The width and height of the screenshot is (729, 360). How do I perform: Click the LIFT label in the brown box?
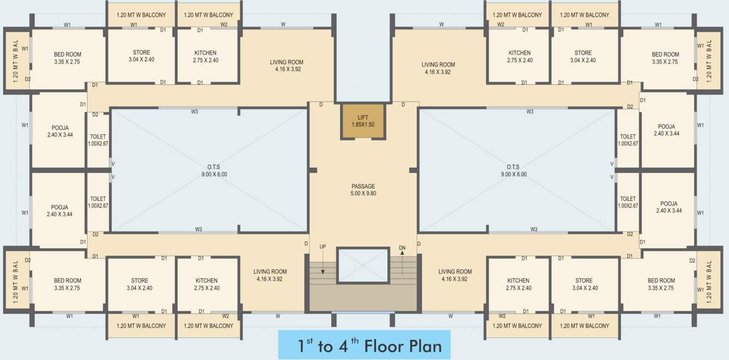pyautogui.click(x=363, y=117)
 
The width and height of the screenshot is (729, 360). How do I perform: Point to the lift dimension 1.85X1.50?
pyautogui.click(x=363, y=124)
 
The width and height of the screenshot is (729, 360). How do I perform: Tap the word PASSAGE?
pyautogui.click(x=363, y=187)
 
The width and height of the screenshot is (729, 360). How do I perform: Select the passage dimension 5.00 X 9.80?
pyautogui.click(x=363, y=194)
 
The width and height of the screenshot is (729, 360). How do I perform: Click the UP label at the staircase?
pyautogui.click(x=322, y=247)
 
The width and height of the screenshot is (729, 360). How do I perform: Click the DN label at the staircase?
pyautogui.click(x=402, y=247)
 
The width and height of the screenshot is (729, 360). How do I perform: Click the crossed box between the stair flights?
pyautogui.click(x=363, y=266)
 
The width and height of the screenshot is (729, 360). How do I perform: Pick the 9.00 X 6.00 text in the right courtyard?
pyautogui.click(x=513, y=175)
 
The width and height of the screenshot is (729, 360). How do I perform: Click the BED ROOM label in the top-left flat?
pyautogui.click(x=67, y=55)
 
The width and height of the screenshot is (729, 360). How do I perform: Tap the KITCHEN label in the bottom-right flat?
pyautogui.click(x=518, y=281)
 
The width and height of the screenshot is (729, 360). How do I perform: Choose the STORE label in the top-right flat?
pyautogui.click(x=583, y=53)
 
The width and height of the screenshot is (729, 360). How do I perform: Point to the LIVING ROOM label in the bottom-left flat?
pyautogui.click(x=270, y=272)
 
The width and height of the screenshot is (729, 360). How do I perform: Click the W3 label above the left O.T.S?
pyautogui.click(x=194, y=112)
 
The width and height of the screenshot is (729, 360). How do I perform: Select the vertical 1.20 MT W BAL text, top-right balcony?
pyautogui.click(x=709, y=62)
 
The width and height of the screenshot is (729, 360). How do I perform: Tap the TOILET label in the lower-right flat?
pyautogui.click(x=628, y=199)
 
